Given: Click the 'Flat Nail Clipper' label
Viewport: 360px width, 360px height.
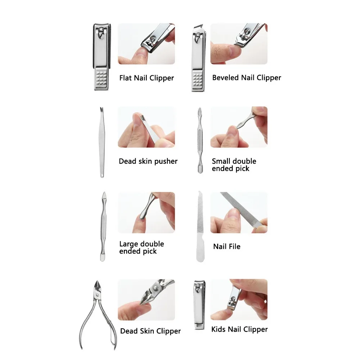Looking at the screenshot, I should (x=147, y=78).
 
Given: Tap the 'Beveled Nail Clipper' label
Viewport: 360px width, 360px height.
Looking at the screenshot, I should (x=247, y=77).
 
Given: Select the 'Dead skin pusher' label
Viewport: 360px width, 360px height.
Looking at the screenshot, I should (x=148, y=161).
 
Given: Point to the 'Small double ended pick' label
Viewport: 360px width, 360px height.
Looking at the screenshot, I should (x=234, y=165).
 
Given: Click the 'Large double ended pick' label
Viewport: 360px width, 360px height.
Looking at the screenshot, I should (x=141, y=248).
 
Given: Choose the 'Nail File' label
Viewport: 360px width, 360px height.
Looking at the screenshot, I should (x=226, y=247).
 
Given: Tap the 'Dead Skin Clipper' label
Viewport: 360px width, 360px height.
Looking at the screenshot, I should (x=150, y=331).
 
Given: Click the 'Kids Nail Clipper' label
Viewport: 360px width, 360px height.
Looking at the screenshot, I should (x=239, y=329).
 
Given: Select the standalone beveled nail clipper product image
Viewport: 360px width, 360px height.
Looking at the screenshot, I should (x=198, y=58).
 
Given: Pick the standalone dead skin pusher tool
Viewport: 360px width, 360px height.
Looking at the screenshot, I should (x=101, y=142).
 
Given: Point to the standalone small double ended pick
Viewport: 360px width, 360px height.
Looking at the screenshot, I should (x=199, y=140).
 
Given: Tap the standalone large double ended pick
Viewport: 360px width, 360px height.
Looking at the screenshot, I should (x=103, y=226).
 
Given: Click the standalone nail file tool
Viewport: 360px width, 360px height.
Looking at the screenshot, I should (x=200, y=227).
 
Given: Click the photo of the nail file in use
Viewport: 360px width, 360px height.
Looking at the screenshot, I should (x=239, y=212).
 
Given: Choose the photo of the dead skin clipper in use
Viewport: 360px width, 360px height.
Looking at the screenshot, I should (x=146, y=300).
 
